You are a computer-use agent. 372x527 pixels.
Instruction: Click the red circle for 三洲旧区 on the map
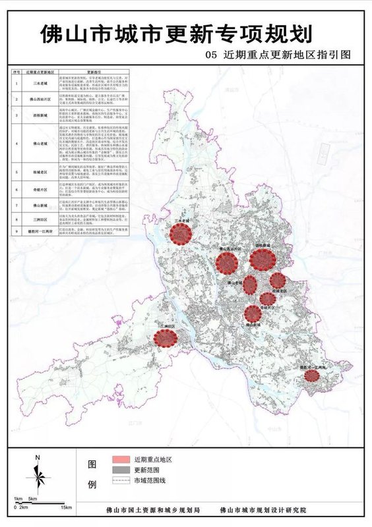pyautogui.click(x=166, y=339)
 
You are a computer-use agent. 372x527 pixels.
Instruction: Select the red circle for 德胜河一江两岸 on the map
pyautogui.click(x=312, y=375)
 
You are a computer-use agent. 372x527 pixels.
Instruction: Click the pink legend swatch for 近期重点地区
pyautogui.click(x=119, y=460)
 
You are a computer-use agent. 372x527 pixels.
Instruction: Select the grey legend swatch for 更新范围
pyautogui.click(x=119, y=471)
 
